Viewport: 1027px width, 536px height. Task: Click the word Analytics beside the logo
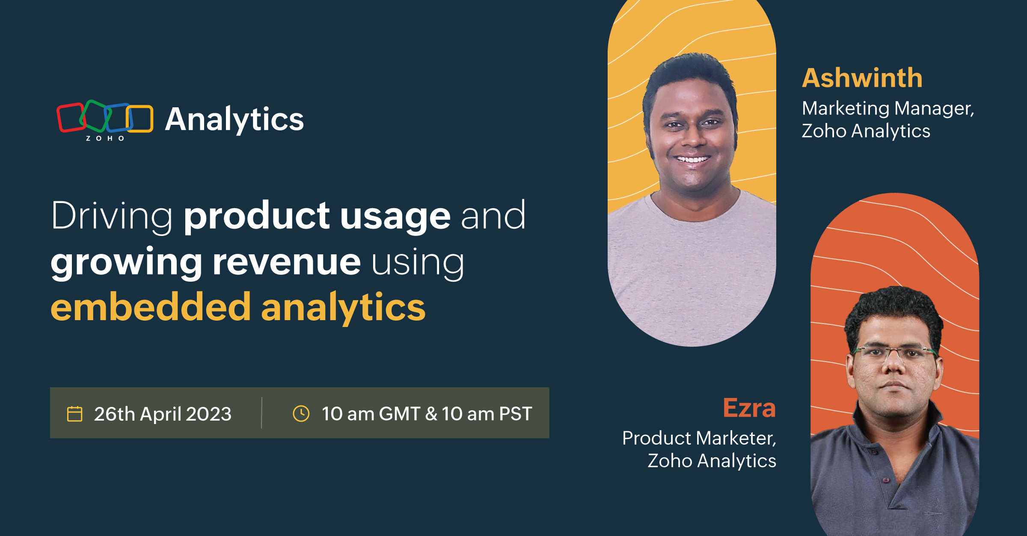(x=234, y=120)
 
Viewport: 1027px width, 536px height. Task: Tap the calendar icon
(x=75, y=414)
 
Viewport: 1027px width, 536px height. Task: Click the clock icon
(x=301, y=414)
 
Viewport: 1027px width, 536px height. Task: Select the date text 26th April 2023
(x=163, y=414)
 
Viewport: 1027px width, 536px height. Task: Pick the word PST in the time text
(x=516, y=414)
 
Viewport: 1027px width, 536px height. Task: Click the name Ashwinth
(x=862, y=78)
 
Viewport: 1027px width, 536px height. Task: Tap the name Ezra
(x=749, y=408)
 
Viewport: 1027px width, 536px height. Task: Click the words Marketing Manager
(x=888, y=109)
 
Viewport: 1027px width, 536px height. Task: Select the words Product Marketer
(x=699, y=438)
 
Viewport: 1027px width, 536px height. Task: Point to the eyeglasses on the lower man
(x=894, y=353)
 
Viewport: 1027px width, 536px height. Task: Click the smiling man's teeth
(x=692, y=160)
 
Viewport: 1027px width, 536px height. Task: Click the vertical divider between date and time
(x=261, y=413)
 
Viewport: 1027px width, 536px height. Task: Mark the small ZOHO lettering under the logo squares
(x=105, y=138)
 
